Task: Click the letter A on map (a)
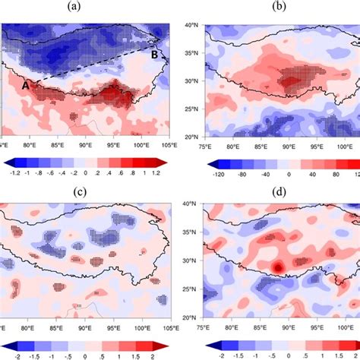(x=25, y=86)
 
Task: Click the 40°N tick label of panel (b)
(x=193, y=25)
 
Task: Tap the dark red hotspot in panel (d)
(x=279, y=267)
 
